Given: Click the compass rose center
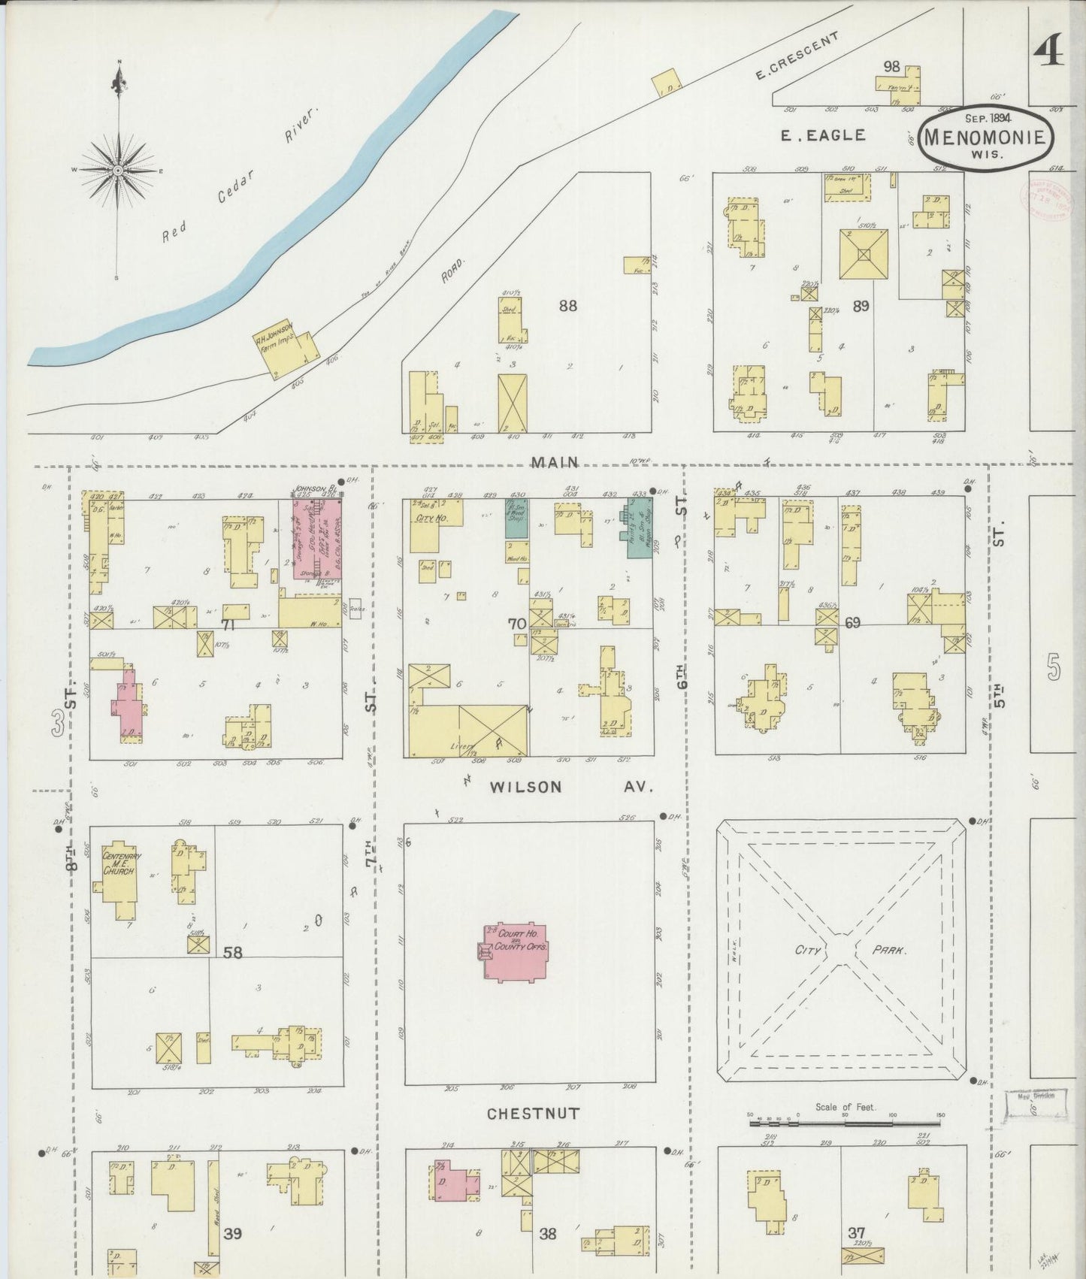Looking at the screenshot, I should click(x=118, y=171).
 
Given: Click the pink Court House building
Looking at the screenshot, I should click(x=516, y=951).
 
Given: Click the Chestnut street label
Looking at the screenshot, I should click(x=533, y=1114).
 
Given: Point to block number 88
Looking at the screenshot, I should click(x=567, y=306).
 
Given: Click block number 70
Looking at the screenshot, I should click(x=516, y=623).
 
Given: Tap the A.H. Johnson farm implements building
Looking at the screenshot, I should click(x=285, y=347).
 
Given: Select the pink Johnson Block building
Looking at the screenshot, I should click(x=316, y=540).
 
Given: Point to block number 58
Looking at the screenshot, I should click(x=233, y=953).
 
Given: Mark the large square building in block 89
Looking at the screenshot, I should click(x=863, y=255).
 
